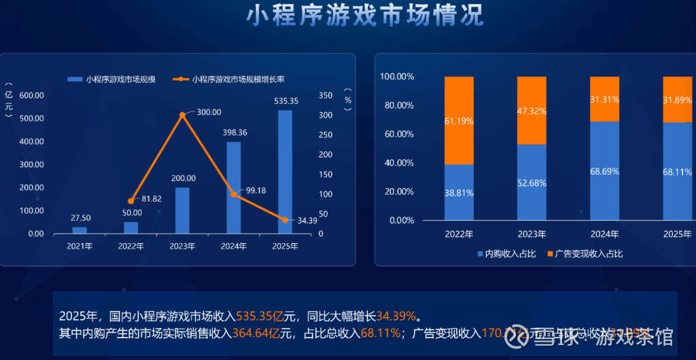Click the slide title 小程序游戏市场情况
(364, 14)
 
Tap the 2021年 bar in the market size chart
(80, 230)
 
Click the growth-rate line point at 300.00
(182, 115)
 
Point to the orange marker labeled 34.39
(285, 219)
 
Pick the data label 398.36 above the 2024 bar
(234, 132)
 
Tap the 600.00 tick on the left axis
(32, 95)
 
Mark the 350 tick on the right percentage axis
(326, 95)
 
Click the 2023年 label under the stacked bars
(532, 234)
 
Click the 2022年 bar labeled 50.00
(131, 228)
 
